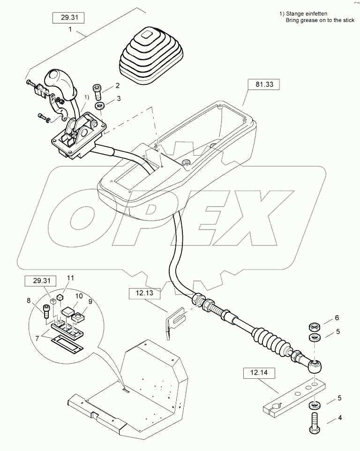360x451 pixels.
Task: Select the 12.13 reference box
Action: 145,294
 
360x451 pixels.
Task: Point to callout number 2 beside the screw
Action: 117,86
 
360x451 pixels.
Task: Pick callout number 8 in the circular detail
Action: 29,301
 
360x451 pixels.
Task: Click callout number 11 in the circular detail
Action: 70,278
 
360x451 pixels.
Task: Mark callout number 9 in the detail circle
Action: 90,302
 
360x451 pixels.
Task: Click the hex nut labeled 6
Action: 314,327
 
